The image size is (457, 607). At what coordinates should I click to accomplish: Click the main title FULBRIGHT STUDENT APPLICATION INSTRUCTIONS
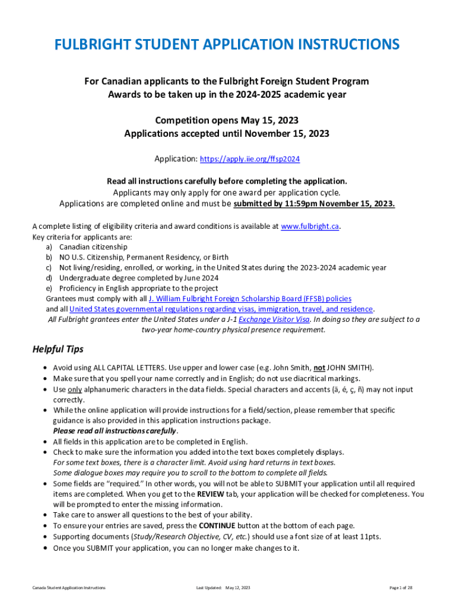point(227,45)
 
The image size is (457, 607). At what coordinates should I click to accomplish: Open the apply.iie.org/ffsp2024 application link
point(250,159)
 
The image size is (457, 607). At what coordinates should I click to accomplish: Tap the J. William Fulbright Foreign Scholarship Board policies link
point(250,299)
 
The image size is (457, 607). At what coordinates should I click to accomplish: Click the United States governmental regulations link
point(221,309)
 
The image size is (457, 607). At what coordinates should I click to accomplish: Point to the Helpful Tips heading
point(58,349)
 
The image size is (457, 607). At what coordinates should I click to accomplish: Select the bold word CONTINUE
point(220,525)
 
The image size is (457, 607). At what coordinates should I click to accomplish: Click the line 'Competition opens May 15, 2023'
point(227,121)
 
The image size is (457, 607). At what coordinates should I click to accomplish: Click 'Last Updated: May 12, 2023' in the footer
point(223,587)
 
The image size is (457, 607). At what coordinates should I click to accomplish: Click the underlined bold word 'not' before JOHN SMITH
point(319,368)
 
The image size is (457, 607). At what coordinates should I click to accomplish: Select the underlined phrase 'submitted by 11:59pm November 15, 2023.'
point(314,204)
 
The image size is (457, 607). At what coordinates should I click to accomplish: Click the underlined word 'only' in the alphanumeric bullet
point(74,389)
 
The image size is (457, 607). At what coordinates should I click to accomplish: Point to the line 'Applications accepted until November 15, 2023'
point(227,134)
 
